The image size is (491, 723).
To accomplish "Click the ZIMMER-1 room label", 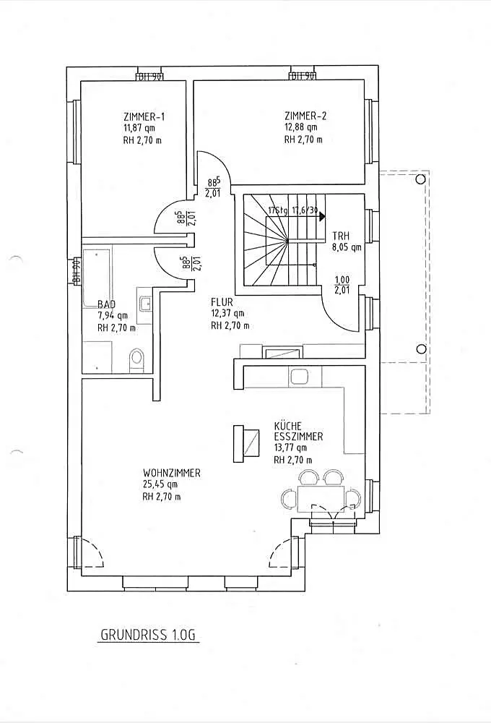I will pyautogui.click(x=144, y=116).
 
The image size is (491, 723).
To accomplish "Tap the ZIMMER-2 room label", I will pyautogui.click(x=306, y=116).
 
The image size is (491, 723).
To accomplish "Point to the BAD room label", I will pyautogui.click(x=106, y=304).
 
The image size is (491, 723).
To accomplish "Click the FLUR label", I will pyautogui.click(x=222, y=301).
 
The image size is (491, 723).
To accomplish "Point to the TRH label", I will pyautogui.click(x=340, y=236).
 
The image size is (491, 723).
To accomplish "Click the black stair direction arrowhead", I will pyautogui.click(x=322, y=215).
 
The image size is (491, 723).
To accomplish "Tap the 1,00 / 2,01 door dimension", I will pyautogui.click(x=342, y=285).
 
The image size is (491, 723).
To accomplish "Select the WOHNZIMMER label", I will pyautogui.click(x=172, y=473).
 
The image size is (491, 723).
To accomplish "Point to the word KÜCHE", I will pyautogui.click(x=288, y=426).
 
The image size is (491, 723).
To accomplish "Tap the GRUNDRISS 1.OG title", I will pyautogui.click(x=149, y=636).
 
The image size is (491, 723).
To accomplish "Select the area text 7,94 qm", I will pyautogui.click(x=113, y=315).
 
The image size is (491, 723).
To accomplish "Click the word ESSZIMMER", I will pyautogui.click(x=298, y=437).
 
